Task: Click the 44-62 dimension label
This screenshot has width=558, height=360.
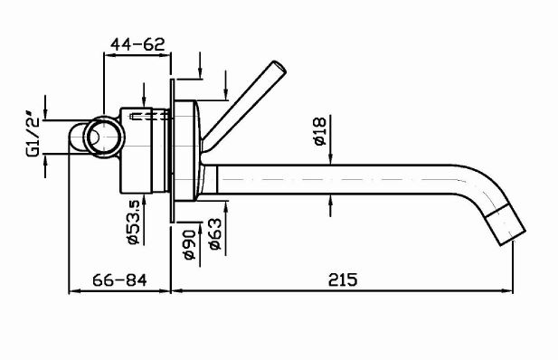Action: coord(137,43)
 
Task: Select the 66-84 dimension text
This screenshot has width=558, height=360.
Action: coord(119,279)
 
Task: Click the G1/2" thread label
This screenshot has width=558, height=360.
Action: coord(33,135)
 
